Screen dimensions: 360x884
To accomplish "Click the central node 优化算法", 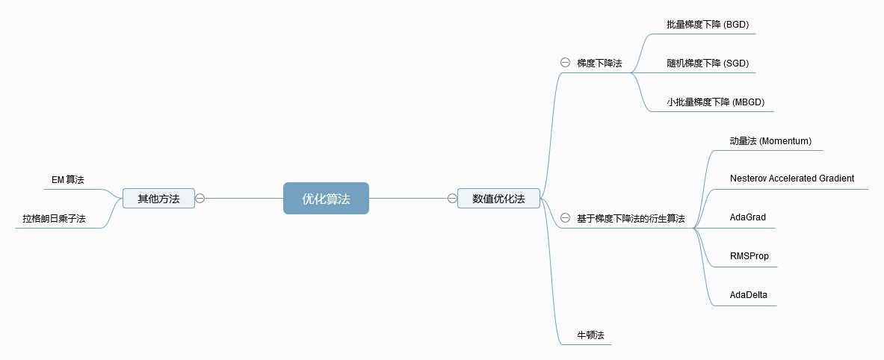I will point(326,199).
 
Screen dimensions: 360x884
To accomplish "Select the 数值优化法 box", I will point(498,198).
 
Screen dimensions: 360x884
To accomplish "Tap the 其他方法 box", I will point(158,198).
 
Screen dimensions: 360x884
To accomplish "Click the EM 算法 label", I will point(68,179).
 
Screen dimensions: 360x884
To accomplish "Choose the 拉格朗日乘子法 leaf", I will point(54,219).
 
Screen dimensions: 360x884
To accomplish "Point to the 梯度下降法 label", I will point(599,63).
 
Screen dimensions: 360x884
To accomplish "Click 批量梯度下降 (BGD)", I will point(708,25).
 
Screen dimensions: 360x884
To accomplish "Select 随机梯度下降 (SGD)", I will point(708,63).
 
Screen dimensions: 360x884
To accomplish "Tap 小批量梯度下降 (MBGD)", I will point(716,102).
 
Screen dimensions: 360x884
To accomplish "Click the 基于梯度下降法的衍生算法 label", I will point(631,219).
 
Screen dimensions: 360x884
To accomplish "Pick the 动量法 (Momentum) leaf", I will point(770,141).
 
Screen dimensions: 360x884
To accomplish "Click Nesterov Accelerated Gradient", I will point(792,179).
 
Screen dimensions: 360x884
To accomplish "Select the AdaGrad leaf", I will point(748,217).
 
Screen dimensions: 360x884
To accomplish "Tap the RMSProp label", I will point(749,256).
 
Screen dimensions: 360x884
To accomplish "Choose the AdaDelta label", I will point(749,295).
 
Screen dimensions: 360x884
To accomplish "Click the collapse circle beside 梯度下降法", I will point(565,63).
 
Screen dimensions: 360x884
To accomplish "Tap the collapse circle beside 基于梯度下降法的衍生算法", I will point(565,218).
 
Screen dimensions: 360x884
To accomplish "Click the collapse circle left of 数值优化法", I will point(452,198).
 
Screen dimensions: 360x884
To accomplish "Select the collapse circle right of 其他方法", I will point(200,198).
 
